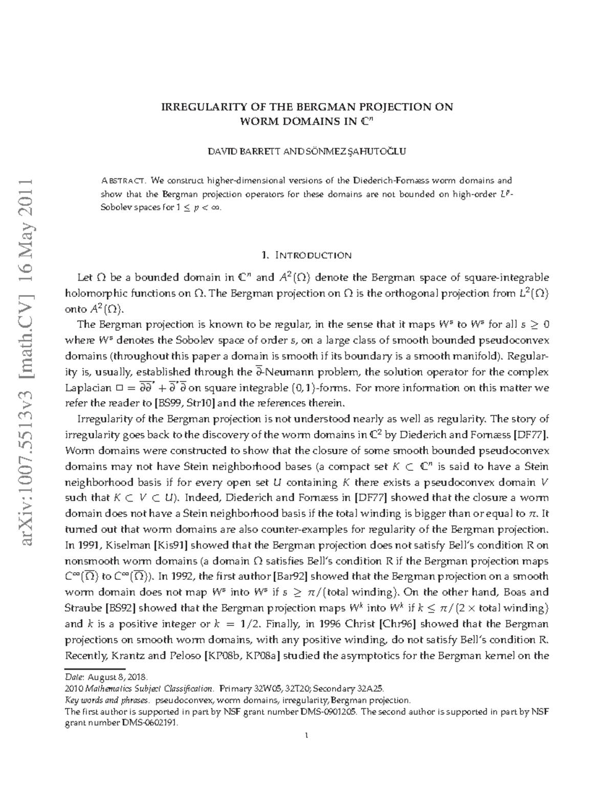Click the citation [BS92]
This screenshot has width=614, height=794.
(120, 608)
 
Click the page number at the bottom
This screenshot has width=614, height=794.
(306, 736)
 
